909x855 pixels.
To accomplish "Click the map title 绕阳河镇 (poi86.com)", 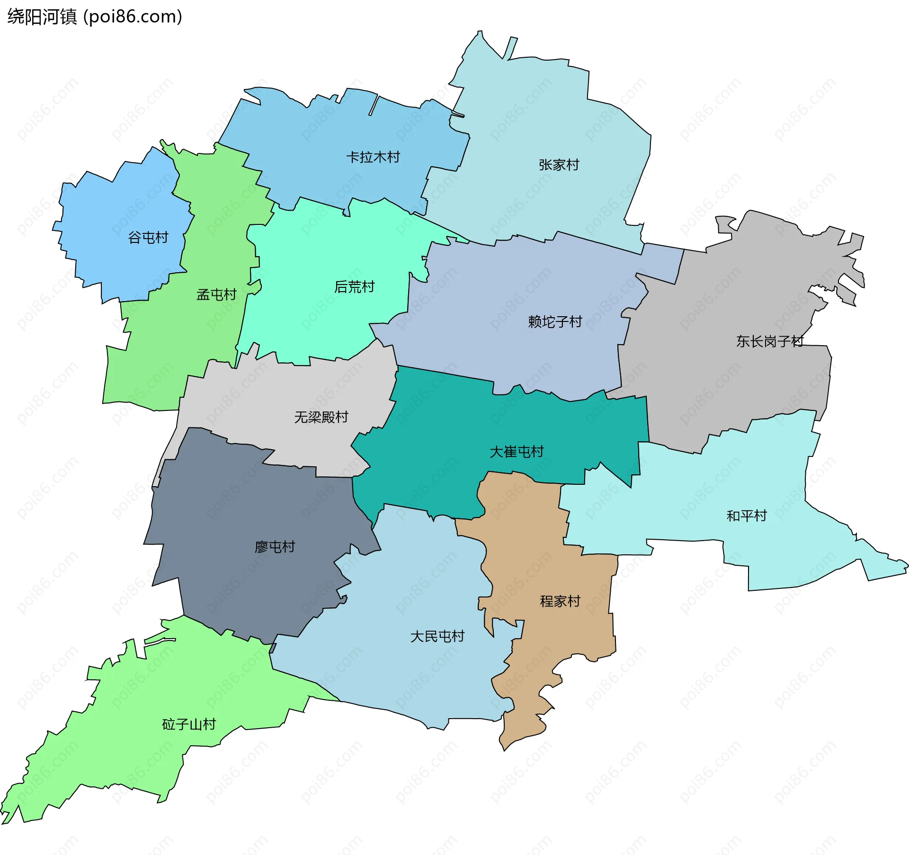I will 95,17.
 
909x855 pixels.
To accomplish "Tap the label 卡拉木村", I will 373,157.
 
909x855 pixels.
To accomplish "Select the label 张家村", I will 559,165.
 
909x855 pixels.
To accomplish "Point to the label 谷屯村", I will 148,238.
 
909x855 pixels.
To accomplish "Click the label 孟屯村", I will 216,295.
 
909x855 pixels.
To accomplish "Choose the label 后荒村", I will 354,287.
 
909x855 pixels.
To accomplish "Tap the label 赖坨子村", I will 555,322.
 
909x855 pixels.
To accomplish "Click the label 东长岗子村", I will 770,341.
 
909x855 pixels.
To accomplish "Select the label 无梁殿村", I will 321,417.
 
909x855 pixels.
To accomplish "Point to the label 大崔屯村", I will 517,452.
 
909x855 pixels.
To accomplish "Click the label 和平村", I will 747,516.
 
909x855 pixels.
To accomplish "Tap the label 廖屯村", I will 275,547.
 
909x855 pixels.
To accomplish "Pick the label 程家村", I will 560,601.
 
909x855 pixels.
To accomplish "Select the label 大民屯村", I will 437,636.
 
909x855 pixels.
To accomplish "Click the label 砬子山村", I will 189,724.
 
